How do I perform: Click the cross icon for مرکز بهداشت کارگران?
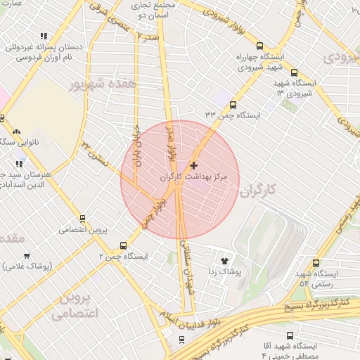click(194, 165)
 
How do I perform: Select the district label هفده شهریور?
click(110, 83)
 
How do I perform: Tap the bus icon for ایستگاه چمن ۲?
click(124, 245)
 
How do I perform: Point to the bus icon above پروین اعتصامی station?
click(82, 219)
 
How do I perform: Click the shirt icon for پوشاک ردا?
click(225, 259)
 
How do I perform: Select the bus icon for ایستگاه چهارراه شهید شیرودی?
click(259, 45)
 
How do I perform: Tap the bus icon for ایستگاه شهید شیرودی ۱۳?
click(293, 72)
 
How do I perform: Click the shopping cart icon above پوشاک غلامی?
click(27, 256)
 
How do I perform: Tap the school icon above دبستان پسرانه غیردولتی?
click(44, 36)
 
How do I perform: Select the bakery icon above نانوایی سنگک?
click(16, 131)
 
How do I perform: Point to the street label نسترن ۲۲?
click(96, 150)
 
